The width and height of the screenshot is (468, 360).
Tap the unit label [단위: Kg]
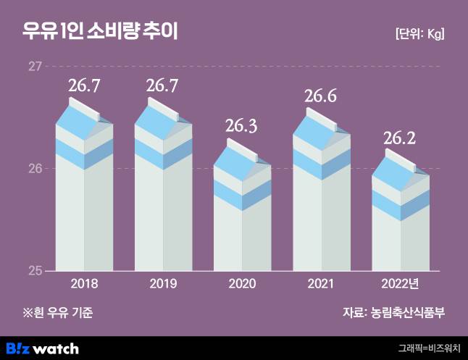pos(419,34)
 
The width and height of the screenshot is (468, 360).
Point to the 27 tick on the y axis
pos(34,67)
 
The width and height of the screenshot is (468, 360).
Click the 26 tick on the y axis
pos(34,169)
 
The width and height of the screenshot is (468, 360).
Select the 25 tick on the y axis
pos(34,271)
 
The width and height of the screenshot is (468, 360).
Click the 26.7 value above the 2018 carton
pos(84,86)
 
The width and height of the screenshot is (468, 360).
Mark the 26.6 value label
pos(320,96)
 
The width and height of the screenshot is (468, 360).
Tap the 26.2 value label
pos(399,137)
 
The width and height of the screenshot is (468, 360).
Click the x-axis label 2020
pos(242,284)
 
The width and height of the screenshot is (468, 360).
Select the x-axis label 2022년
pos(399,284)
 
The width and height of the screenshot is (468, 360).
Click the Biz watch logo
pos(41,348)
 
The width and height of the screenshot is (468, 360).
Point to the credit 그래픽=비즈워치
pos(429,348)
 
